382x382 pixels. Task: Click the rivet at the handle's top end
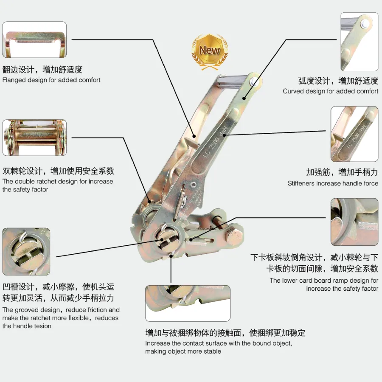coord(254,81)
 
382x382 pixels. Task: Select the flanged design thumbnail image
coord(34,40)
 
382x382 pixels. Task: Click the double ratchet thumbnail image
coord(34,138)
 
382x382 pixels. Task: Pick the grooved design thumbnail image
coord(26,252)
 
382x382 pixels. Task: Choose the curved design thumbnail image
coord(360,42)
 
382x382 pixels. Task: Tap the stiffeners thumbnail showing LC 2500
coord(354,134)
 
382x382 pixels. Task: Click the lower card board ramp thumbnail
coord(354,222)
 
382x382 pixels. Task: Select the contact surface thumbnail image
coord(188,303)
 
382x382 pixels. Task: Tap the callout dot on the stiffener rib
coord(224,135)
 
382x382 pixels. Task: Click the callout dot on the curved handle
coord(244,98)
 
